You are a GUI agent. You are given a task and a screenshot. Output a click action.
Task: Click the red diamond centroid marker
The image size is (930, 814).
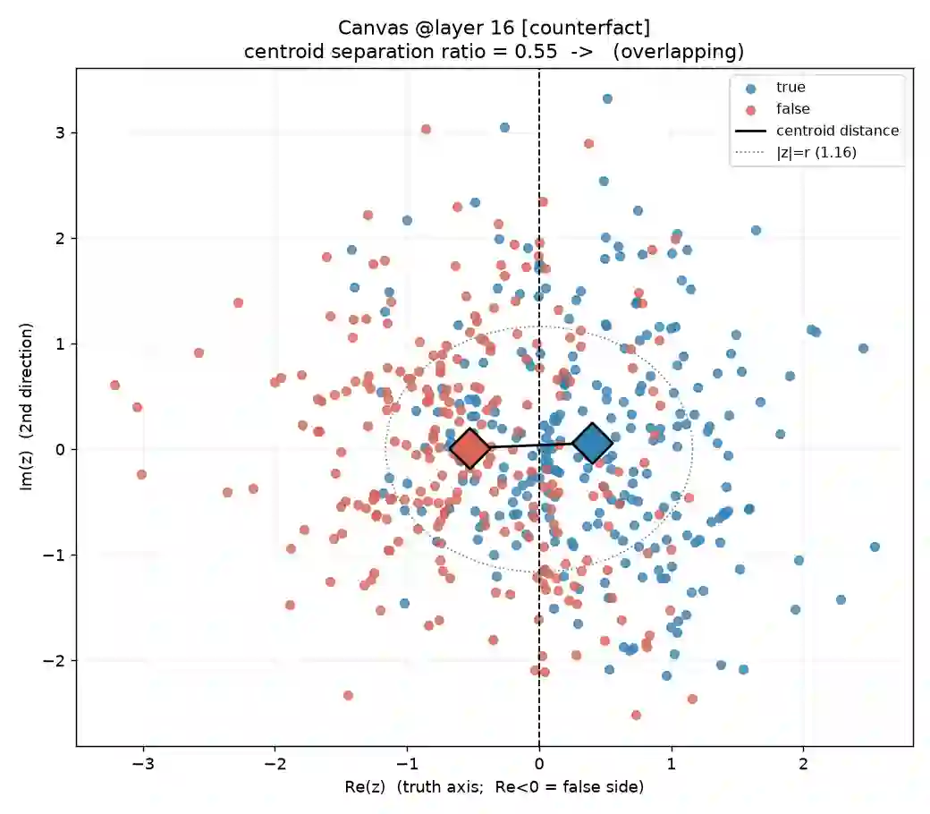[469, 448]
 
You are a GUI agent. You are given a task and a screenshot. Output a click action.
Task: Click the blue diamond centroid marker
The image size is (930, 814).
[593, 443]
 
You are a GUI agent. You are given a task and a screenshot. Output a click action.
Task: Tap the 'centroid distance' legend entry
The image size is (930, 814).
[817, 131]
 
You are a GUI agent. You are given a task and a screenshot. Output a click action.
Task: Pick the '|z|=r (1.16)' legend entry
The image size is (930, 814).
[796, 152]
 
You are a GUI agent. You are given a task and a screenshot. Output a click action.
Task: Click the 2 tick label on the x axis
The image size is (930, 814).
[803, 764]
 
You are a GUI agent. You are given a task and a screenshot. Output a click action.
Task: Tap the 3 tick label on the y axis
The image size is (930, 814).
[60, 133]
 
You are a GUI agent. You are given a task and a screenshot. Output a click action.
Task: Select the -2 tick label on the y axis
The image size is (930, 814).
[54, 660]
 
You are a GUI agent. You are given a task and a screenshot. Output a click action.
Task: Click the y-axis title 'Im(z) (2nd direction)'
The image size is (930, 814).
[26, 407]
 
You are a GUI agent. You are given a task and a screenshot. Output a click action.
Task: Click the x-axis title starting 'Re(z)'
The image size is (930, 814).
[494, 787]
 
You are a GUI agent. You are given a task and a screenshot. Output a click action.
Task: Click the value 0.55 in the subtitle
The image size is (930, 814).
[536, 52]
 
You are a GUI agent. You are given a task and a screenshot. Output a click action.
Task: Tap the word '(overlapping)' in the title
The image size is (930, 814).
[678, 52]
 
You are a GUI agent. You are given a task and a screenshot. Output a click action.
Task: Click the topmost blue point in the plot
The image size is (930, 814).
[607, 99]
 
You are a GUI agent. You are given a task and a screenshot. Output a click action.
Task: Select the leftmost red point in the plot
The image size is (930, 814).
[115, 386]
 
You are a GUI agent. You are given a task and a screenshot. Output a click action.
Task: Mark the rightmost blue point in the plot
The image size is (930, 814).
[875, 547]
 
